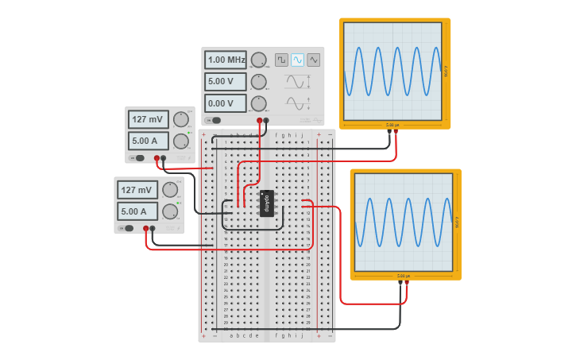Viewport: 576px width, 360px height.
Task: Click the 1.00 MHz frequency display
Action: click(x=226, y=60)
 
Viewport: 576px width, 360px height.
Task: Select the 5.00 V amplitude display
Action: click(x=226, y=81)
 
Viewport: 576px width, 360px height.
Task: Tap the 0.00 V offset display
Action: click(x=226, y=103)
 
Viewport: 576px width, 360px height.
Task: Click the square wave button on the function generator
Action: click(x=281, y=60)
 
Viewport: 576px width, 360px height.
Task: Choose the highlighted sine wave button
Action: click(x=298, y=60)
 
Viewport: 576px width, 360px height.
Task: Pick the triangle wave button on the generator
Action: click(x=314, y=60)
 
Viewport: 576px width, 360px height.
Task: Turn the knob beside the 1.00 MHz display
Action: click(x=258, y=60)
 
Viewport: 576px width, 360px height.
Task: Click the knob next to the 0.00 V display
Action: click(x=258, y=103)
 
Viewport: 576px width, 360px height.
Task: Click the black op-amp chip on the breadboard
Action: click(x=267, y=203)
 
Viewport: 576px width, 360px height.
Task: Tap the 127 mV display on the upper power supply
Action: click(x=149, y=120)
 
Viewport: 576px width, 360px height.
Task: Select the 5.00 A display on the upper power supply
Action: click(x=149, y=141)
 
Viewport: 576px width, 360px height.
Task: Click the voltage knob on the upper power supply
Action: click(x=181, y=120)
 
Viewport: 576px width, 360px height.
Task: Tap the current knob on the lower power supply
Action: click(x=170, y=211)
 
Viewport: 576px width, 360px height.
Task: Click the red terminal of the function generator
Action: click(x=259, y=121)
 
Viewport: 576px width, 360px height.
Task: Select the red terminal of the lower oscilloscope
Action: click(x=407, y=282)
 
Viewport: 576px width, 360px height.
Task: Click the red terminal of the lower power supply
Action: click(x=145, y=228)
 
